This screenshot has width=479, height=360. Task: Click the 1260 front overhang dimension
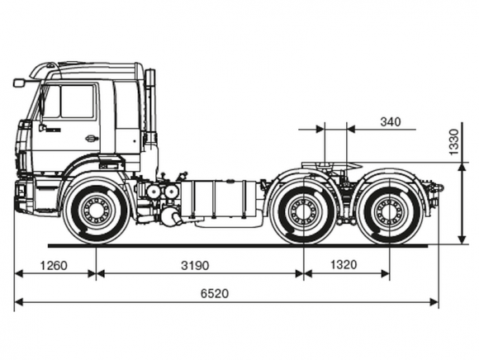pyautogui.click(x=54, y=266)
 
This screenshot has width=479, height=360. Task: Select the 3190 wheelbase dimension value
pyautogui.click(x=195, y=266)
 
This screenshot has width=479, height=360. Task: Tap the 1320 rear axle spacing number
pyautogui.click(x=344, y=265)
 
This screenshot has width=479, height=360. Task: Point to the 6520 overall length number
pyautogui.click(x=215, y=293)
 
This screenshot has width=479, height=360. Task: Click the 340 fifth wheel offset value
pyautogui.click(x=391, y=122)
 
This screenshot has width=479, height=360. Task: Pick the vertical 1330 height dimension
pyautogui.click(x=454, y=142)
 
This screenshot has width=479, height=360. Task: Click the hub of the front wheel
pyautogui.click(x=97, y=210)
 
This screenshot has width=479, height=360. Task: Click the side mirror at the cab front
pyautogui.click(x=19, y=83)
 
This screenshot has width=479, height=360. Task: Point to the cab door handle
pyautogui.click(x=92, y=139)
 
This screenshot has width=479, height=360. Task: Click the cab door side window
pyautogui.click(x=77, y=102)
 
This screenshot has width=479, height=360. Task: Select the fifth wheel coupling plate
pyautogui.click(x=331, y=166)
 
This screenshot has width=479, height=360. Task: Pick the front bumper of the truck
pyautogui.click(x=26, y=197)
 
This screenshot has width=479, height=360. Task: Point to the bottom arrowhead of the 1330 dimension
pyautogui.click(x=462, y=239)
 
